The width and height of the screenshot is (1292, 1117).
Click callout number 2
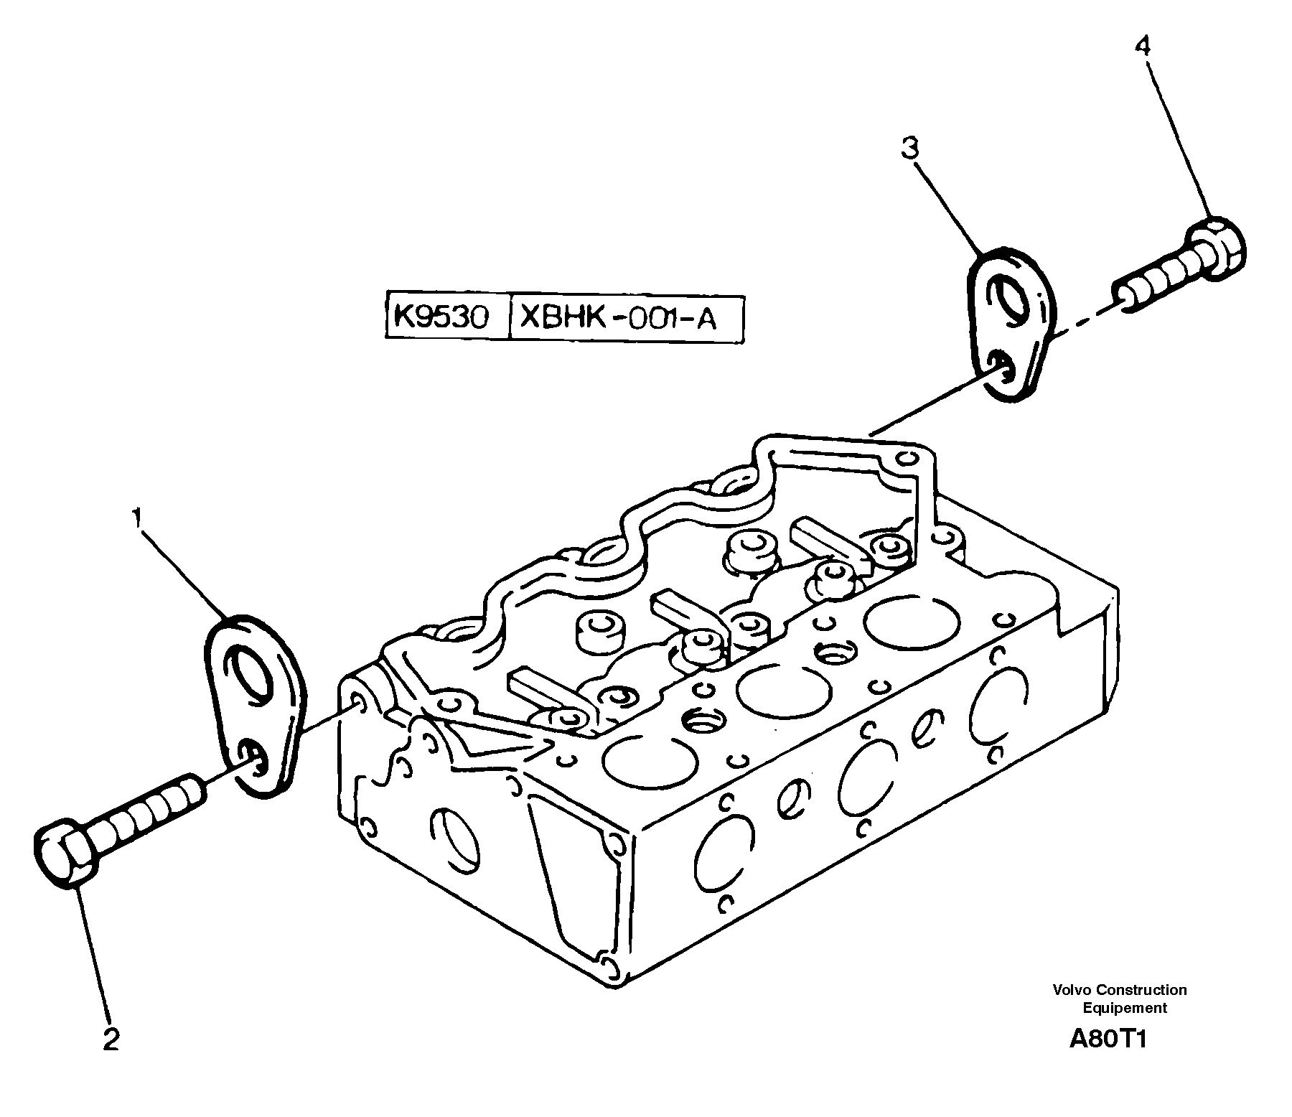point(111,1039)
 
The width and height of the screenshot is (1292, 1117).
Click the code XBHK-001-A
point(617,317)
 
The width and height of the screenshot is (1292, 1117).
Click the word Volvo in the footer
point(1070,990)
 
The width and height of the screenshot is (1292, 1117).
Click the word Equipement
point(1125,1007)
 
